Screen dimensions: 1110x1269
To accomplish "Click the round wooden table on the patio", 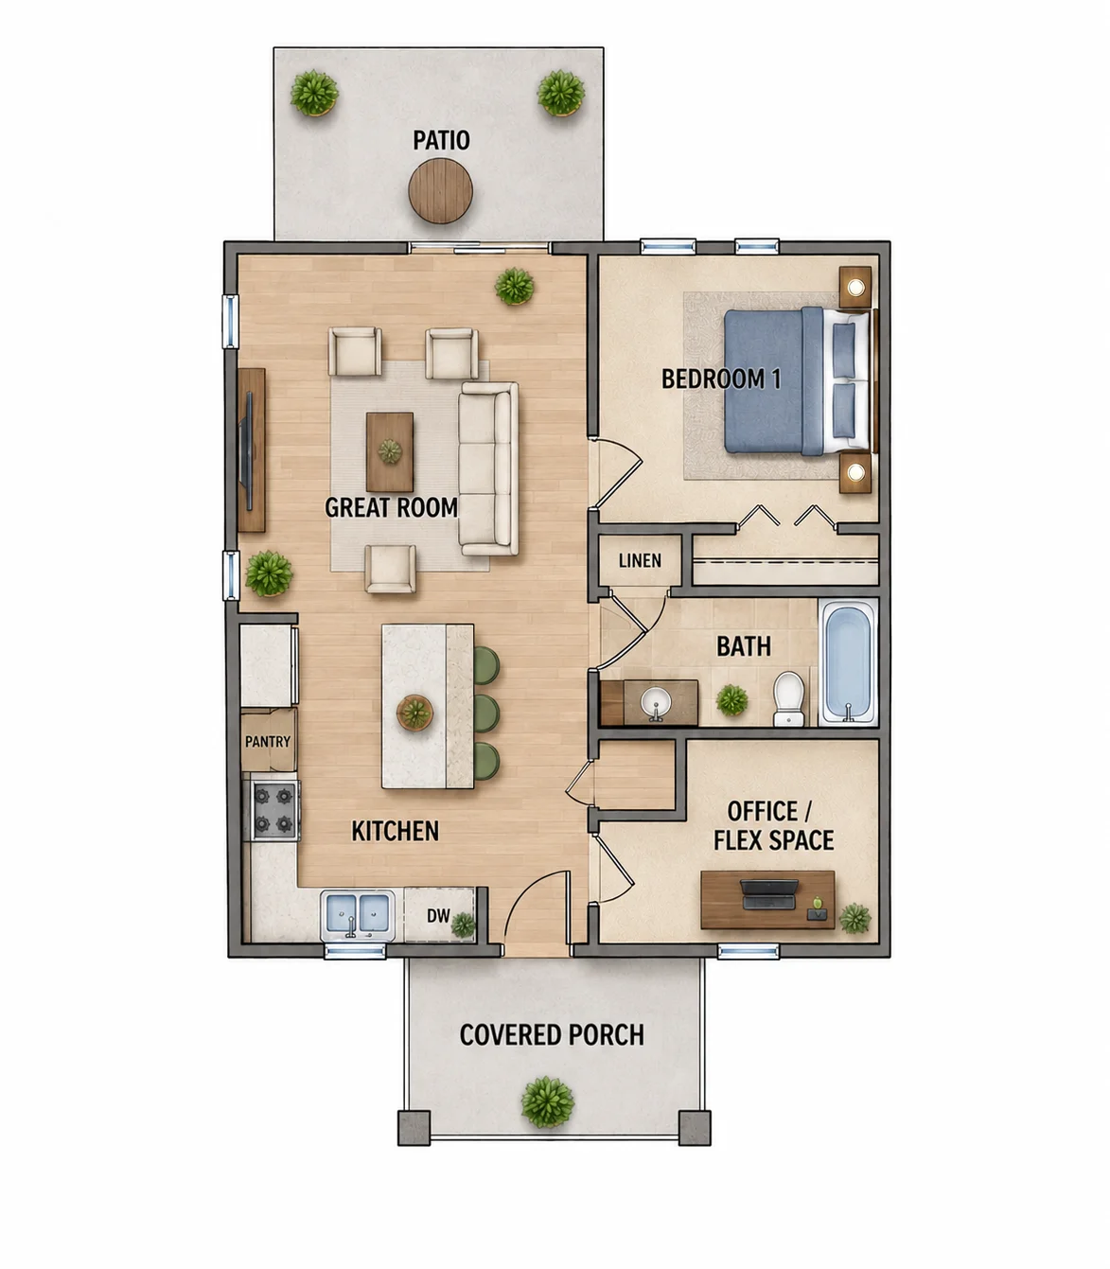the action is pyautogui.click(x=440, y=190).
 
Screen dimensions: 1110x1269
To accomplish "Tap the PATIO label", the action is pyautogui.click(x=441, y=140).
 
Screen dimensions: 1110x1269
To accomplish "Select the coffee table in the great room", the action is pyautogui.click(x=390, y=451).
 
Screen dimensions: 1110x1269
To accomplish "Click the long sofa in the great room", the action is pyautogui.click(x=488, y=468).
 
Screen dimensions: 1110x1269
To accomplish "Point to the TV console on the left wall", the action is pyautogui.click(x=251, y=449).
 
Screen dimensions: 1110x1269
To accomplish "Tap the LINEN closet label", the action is pyautogui.click(x=640, y=561).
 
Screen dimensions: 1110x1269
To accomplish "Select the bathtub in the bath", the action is pyautogui.click(x=848, y=661).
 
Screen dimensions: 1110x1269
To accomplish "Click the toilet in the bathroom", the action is pyautogui.click(x=789, y=697).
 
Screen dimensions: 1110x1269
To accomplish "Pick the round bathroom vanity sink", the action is pyautogui.click(x=656, y=703).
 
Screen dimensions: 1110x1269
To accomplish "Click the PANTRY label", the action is pyautogui.click(x=267, y=741).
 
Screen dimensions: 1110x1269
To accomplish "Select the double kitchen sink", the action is pyautogui.click(x=358, y=915).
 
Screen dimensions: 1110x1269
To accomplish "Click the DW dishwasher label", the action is pyautogui.click(x=438, y=915).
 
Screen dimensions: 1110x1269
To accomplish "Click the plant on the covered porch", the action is pyautogui.click(x=548, y=1102).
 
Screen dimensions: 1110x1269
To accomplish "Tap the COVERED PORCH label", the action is pyautogui.click(x=552, y=1034).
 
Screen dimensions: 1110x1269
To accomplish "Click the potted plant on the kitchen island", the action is pyautogui.click(x=414, y=713).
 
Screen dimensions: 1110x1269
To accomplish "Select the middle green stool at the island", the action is pyautogui.click(x=486, y=714).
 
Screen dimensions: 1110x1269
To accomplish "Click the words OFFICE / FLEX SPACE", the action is pyautogui.click(x=773, y=825).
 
